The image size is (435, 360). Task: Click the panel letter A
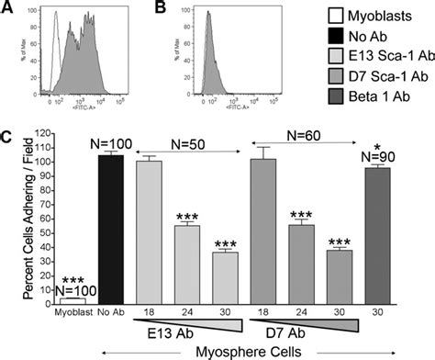pyautogui.click(x=8, y=9)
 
